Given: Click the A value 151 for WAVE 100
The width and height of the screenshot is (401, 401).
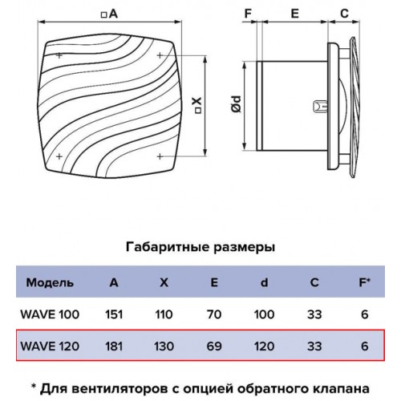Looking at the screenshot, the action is pos(114,314).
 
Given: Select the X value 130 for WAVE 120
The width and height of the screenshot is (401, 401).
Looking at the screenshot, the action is pos(164,346).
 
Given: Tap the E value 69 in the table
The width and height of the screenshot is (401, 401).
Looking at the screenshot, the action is pos(214,346).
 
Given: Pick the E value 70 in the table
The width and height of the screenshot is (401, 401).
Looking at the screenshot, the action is pos(214,314).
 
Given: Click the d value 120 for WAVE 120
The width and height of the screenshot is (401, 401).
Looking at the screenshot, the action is pos(264,346).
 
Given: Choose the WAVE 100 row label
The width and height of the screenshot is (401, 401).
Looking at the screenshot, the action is pos(50,314).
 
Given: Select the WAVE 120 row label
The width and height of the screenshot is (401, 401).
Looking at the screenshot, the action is pos(50,346).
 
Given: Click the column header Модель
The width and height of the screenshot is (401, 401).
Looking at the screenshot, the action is pos(50,282).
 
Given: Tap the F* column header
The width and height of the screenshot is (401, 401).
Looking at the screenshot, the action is pos(365,282).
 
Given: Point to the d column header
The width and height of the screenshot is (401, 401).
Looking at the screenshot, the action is pos(264,282).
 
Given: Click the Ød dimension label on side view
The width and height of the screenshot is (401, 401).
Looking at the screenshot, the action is pos(237,104).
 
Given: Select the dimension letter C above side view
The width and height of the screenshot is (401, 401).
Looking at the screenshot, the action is pos(344,14).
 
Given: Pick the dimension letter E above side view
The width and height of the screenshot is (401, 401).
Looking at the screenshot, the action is pos(294,14).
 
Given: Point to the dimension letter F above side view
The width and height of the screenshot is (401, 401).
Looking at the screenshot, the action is pos(248,14).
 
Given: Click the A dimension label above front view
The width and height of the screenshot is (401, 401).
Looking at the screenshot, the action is pos(109,14).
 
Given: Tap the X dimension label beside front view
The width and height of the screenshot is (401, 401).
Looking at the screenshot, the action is pos(197,105).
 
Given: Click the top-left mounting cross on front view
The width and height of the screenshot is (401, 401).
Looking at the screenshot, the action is pos(59,55).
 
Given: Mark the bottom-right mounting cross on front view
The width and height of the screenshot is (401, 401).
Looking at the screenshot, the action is pos(160,156).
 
